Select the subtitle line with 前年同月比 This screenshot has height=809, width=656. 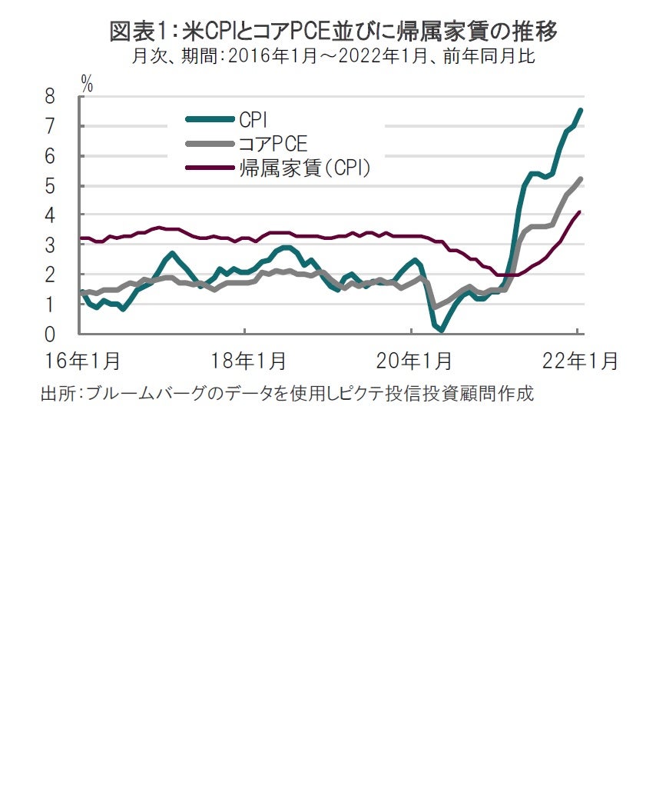click(x=333, y=58)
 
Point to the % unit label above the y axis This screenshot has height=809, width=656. click(x=87, y=84)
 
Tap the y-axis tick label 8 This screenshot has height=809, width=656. click(x=50, y=97)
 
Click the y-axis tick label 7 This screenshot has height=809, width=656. click(x=50, y=126)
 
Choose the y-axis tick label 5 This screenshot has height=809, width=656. click(x=50, y=186)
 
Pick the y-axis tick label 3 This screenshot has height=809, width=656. click(x=50, y=245)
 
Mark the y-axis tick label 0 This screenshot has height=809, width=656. click(x=50, y=335)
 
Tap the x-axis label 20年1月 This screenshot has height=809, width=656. click(x=416, y=361)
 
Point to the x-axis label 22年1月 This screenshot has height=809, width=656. click(x=580, y=361)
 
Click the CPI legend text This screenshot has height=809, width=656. click(x=253, y=118)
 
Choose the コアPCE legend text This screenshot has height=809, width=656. click(x=273, y=143)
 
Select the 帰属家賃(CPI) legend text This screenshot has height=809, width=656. click(x=305, y=168)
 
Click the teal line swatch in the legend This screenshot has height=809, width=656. click(x=210, y=118)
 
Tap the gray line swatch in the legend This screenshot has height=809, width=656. click(x=210, y=143)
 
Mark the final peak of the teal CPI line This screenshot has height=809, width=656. click(x=580, y=110)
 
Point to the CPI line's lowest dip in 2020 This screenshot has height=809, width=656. click(x=442, y=330)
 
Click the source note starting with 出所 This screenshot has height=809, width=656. click(x=287, y=394)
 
